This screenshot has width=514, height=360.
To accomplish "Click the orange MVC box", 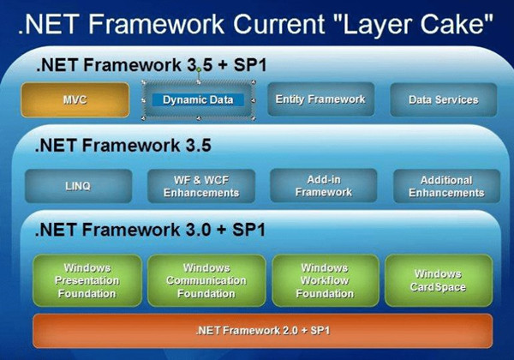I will click(x=75, y=100).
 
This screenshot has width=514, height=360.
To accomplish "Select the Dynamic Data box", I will click(x=198, y=100).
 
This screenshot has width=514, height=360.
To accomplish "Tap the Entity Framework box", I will click(x=320, y=100).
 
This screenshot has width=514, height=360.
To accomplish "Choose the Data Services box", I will click(x=443, y=100).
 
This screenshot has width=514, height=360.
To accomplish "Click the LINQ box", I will click(x=78, y=186).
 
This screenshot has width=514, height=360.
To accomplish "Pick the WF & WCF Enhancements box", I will click(x=200, y=186).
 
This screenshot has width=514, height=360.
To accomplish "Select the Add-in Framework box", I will click(x=323, y=186).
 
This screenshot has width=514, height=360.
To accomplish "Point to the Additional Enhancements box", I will click(x=445, y=186).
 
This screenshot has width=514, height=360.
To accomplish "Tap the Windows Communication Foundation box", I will click(x=206, y=280).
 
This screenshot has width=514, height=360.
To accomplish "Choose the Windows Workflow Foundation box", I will click(x=325, y=280).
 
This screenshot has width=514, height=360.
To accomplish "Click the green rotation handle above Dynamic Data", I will click(x=198, y=69).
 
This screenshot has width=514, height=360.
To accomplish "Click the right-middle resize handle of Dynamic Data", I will click(x=254, y=100).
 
